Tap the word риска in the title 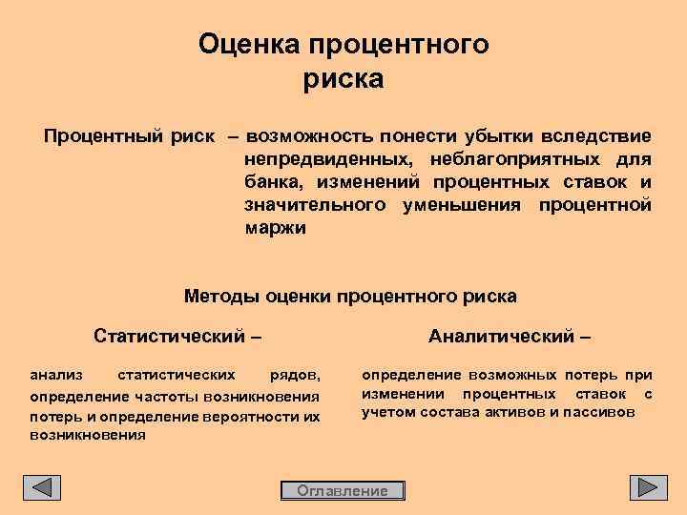coord(343,79)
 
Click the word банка coord(272,181)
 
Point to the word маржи coord(275,228)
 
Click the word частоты coord(147,396)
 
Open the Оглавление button coord(343,490)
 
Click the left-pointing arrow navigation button coord(42,487)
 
